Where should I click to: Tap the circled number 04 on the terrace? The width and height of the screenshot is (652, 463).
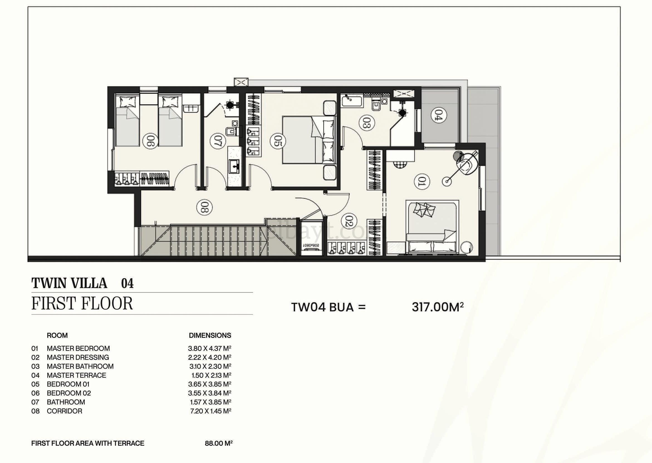(x=438, y=116)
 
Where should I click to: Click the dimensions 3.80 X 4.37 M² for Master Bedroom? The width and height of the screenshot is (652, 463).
(x=210, y=348)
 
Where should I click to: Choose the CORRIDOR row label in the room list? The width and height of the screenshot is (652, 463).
(x=65, y=411)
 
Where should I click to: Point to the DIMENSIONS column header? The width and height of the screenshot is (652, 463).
(x=210, y=335)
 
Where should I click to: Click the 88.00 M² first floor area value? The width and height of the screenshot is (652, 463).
(x=219, y=443)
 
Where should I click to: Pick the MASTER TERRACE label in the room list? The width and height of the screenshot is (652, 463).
(x=77, y=375)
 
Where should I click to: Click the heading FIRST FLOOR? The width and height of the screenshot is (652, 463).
(x=82, y=303)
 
